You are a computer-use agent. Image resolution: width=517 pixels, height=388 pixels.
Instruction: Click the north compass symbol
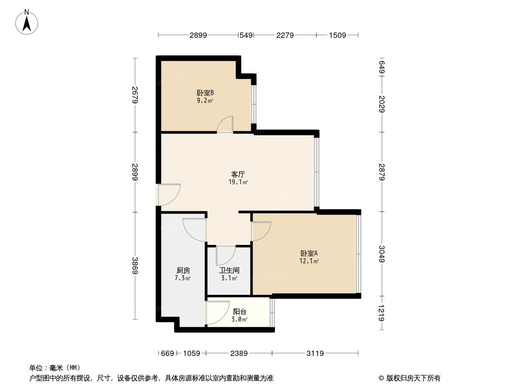[x=28, y=21]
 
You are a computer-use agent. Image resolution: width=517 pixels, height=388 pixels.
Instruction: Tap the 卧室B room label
[x=205, y=93]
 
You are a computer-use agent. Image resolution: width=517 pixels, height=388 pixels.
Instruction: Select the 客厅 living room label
[x=238, y=174]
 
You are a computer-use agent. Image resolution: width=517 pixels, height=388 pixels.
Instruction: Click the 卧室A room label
[x=309, y=253]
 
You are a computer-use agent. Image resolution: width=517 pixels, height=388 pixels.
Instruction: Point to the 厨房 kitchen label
[x=183, y=270]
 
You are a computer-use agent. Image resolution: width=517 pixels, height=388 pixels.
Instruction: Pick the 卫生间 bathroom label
[x=229, y=270]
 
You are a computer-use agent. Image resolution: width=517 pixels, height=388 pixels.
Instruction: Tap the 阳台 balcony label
[x=240, y=311]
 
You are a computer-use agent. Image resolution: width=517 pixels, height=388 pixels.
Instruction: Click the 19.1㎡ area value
[x=238, y=182]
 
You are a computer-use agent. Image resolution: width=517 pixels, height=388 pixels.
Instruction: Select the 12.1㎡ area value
[x=309, y=261]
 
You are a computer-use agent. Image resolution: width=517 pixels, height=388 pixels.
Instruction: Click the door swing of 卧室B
[x=225, y=124]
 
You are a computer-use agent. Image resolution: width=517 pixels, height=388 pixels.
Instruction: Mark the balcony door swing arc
[x=217, y=312]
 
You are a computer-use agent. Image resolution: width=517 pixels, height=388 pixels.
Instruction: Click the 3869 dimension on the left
[x=135, y=265]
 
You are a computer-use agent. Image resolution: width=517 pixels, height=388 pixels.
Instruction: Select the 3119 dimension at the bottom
[x=315, y=354]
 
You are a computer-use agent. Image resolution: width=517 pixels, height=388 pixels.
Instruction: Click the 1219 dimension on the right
[x=382, y=313]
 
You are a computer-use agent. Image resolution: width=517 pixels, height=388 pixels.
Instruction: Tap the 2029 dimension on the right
[x=382, y=103]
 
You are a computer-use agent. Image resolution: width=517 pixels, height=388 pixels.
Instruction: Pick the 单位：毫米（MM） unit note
[x=54, y=368]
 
